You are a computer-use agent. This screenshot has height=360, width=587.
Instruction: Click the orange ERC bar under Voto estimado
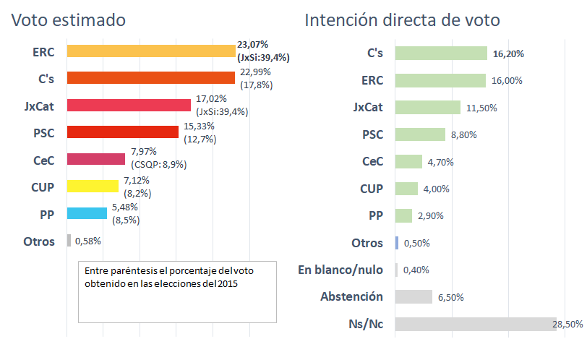coord(150,51)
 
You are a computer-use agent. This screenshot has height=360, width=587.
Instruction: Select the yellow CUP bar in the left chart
coord(93,187)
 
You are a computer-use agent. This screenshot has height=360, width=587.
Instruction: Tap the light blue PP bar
coord(87,213)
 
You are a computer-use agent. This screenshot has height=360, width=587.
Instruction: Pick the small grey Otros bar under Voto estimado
coord(69,241)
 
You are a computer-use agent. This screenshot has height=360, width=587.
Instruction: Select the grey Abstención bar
coord(414,297)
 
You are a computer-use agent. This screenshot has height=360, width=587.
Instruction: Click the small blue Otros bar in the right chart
coord(397,243)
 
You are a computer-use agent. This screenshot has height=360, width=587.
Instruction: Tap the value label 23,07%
coord(253,45)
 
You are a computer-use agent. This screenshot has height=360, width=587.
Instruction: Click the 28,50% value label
coord(567,325)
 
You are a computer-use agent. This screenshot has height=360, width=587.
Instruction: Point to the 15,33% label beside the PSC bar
coord(199,126)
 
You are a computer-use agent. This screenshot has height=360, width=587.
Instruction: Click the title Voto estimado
coord(68,20)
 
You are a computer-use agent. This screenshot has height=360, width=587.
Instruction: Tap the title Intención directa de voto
coord(403,20)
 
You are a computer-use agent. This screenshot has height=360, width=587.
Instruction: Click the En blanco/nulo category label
coord(340,270)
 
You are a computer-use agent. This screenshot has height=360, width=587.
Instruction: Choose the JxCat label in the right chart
coord(368,107)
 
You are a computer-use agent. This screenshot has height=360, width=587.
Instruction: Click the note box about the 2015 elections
coord(177,291)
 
